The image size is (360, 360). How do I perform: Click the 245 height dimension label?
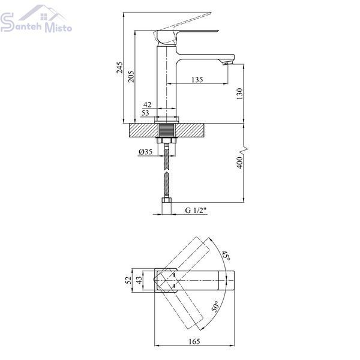(x=119, y=68)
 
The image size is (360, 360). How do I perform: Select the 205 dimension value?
(x=131, y=76)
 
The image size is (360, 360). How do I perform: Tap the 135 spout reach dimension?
(x=197, y=80)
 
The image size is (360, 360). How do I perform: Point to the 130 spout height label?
(x=239, y=94)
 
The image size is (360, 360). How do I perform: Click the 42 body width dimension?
(x=147, y=104)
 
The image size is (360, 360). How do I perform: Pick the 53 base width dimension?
(x=145, y=113)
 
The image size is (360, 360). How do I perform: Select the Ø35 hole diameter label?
(x=146, y=152)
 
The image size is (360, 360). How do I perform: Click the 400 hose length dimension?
(x=239, y=163)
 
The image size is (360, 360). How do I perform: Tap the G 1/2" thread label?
(x=196, y=210)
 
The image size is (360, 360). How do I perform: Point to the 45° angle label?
(x=226, y=256)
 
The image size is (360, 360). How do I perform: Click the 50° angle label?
(x=216, y=306)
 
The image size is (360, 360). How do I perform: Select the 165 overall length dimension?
(x=194, y=341)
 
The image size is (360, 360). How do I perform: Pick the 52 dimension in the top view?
(x=129, y=280)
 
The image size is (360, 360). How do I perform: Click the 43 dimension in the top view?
(x=139, y=280)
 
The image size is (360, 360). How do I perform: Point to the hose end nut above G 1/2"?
(x=167, y=200)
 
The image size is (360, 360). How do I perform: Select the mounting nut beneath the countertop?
(x=167, y=140)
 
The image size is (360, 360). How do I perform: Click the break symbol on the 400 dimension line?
(x=244, y=150)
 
